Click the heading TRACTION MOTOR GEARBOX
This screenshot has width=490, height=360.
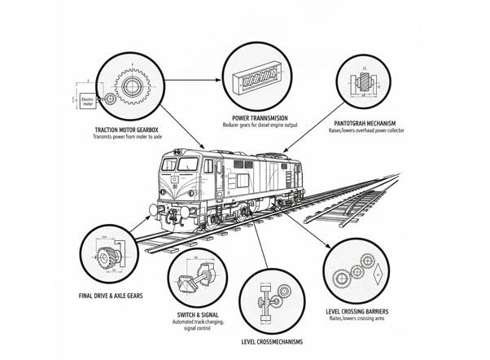click(x=130, y=130)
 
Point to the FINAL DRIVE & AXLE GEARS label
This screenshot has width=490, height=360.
click(x=112, y=296)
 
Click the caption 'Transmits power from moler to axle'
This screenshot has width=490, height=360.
click(x=130, y=138)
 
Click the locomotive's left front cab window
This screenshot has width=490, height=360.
click(x=172, y=165)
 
